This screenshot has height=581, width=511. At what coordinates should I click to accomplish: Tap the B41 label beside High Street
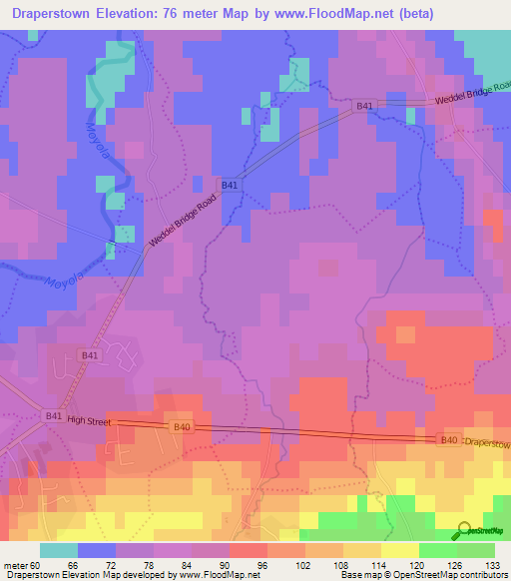click(x=54, y=416)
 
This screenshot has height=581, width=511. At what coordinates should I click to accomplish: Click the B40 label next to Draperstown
click(x=448, y=439)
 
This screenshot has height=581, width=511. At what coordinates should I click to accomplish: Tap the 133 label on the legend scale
click(x=493, y=564)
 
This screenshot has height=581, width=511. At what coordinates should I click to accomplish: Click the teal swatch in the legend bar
click(x=58, y=550)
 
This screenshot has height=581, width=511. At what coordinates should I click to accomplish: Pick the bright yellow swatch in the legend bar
click(x=400, y=550)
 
